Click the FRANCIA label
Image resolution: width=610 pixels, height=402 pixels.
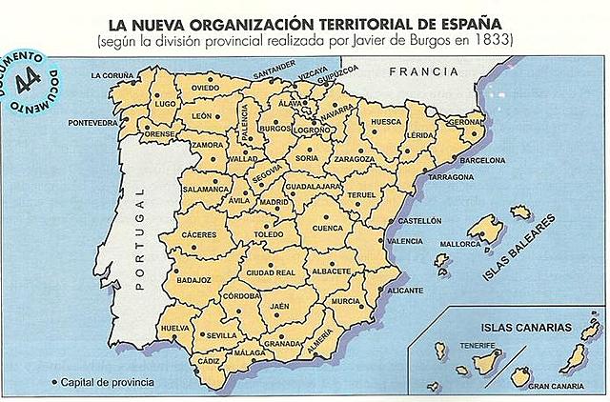click(x=416, y=71)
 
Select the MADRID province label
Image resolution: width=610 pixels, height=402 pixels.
click(x=273, y=202)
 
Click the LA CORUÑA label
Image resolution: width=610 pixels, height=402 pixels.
click(x=112, y=74)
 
